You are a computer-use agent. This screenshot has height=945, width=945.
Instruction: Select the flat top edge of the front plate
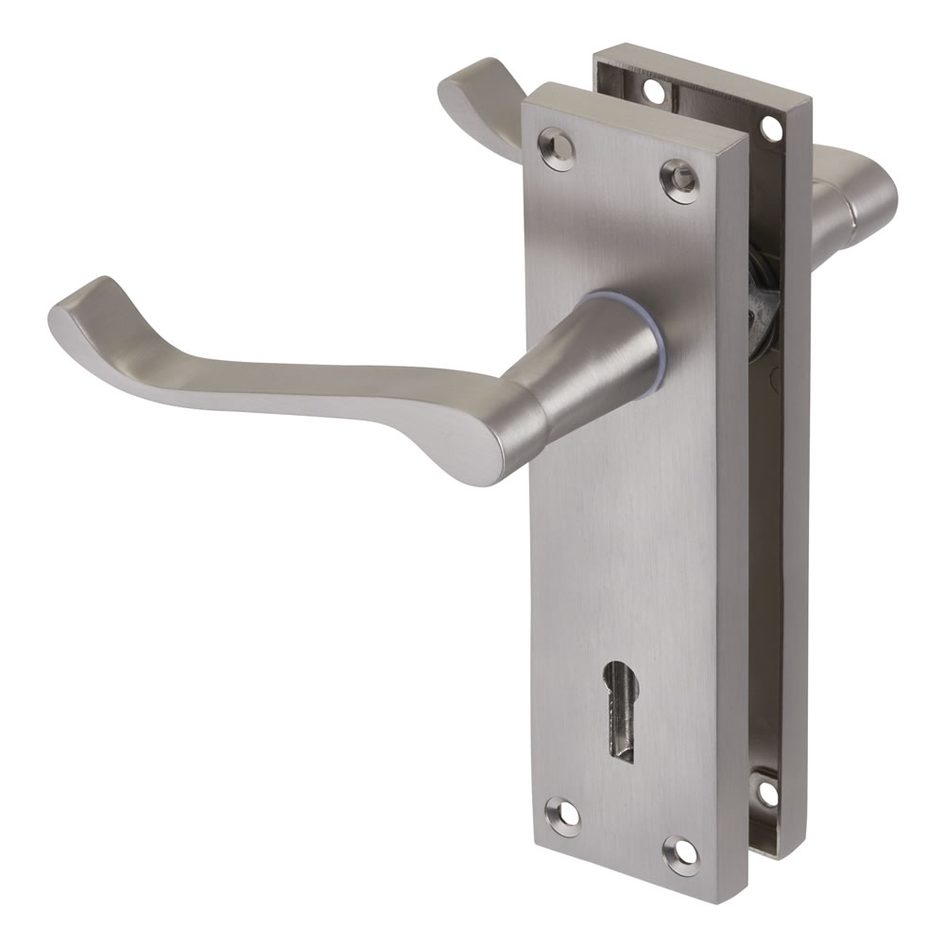pyautogui.click(x=633, y=109)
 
